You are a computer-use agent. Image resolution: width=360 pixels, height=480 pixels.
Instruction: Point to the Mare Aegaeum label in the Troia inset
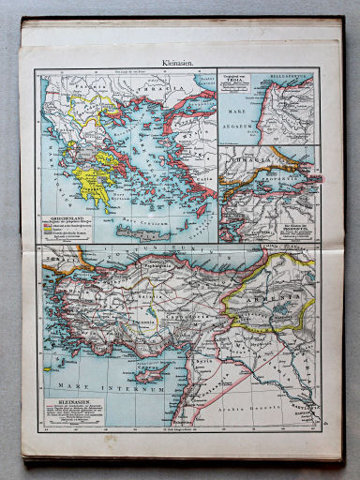click(x=243, y=119)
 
